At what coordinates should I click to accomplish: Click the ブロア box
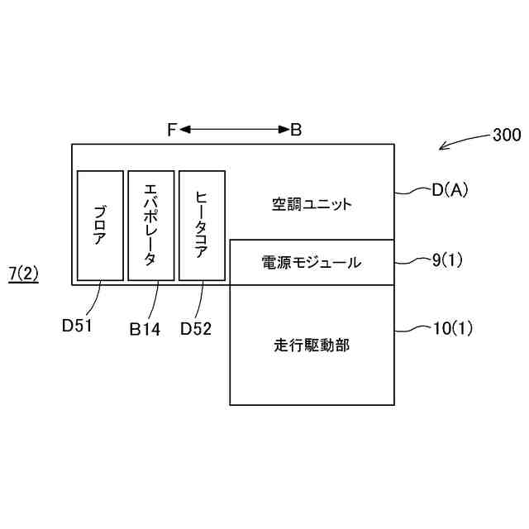100,225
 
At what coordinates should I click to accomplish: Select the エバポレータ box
150,225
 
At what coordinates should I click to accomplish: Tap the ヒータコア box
202,225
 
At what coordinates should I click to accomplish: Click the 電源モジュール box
311,262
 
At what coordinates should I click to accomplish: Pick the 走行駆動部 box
311,345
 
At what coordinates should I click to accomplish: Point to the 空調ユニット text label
311,203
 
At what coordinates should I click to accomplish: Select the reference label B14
145,328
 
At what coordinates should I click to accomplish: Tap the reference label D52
196,328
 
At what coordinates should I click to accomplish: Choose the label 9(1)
447,260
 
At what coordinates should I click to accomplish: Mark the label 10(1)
452,329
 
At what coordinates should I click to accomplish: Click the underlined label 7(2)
24,274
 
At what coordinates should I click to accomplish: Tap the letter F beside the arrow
171,130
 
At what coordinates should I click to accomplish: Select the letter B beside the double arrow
295,130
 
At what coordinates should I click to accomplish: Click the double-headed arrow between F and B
233,130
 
